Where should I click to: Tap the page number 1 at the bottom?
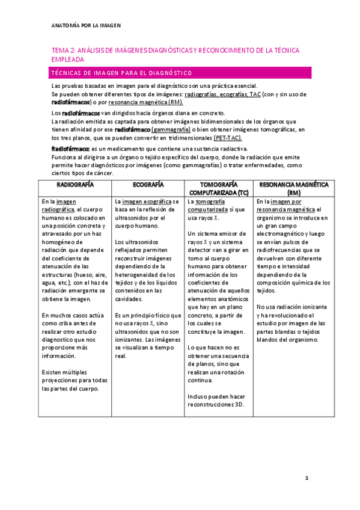tap(307, 478)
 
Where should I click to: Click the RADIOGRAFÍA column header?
tap(75, 184)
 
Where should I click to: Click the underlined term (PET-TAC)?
tap(228, 138)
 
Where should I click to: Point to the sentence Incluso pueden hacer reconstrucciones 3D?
tap(216, 400)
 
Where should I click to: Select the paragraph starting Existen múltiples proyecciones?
tap(75, 381)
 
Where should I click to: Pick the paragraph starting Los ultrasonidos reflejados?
tap(148, 270)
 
